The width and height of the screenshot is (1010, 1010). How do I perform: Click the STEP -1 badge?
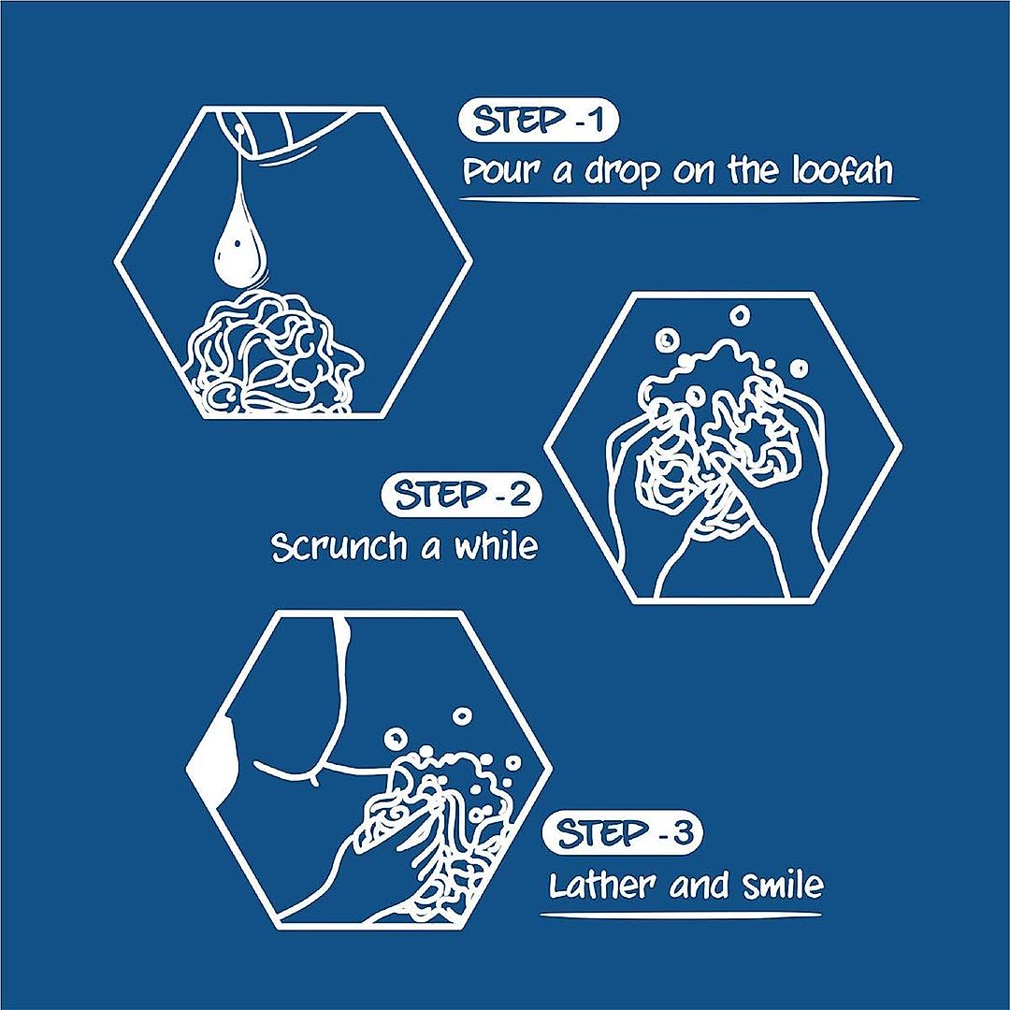point(539,121)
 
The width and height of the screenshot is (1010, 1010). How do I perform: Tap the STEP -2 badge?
point(461,496)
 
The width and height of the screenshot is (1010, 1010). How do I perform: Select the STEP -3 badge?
point(622,833)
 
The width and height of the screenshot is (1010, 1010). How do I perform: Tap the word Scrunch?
point(339,547)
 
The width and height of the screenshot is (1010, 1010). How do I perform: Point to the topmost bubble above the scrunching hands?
point(740,315)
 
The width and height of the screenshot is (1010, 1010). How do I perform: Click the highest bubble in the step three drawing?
point(462,715)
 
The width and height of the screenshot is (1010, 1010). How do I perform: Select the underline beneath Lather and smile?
point(680,914)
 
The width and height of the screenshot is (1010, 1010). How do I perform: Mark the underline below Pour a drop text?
point(688,200)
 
